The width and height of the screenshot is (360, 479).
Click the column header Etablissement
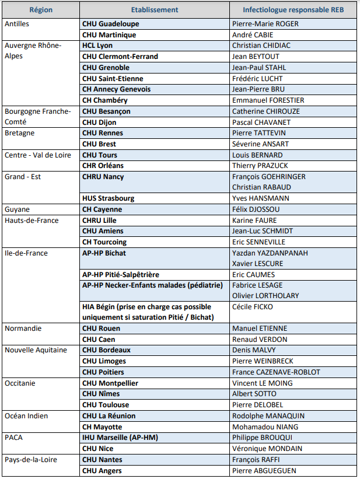click(x=155, y=10)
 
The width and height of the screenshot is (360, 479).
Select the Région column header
click(x=41, y=10)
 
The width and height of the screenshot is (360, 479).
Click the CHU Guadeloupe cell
click(x=111, y=24)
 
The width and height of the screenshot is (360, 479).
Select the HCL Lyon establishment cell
click(x=97, y=46)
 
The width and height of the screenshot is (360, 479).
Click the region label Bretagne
click(x=19, y=133)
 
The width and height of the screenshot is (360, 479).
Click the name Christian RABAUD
click(x=261, y=187)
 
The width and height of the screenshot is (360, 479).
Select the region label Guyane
click(x=18, y=209)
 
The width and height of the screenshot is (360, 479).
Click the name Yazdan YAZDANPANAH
click(x=270, y=253)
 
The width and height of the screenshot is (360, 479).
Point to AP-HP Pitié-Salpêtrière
click(x=121, y=274)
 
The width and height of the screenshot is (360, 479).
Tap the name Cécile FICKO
click(x=253, y=307)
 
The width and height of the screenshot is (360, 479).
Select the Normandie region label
click(x=23, y=328)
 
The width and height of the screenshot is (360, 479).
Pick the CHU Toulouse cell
click(x=106, y=405)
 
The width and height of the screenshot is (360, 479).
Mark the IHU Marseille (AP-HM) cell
click(x=120, y=438)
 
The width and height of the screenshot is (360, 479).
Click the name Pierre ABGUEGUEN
click(x=264, y=470)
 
